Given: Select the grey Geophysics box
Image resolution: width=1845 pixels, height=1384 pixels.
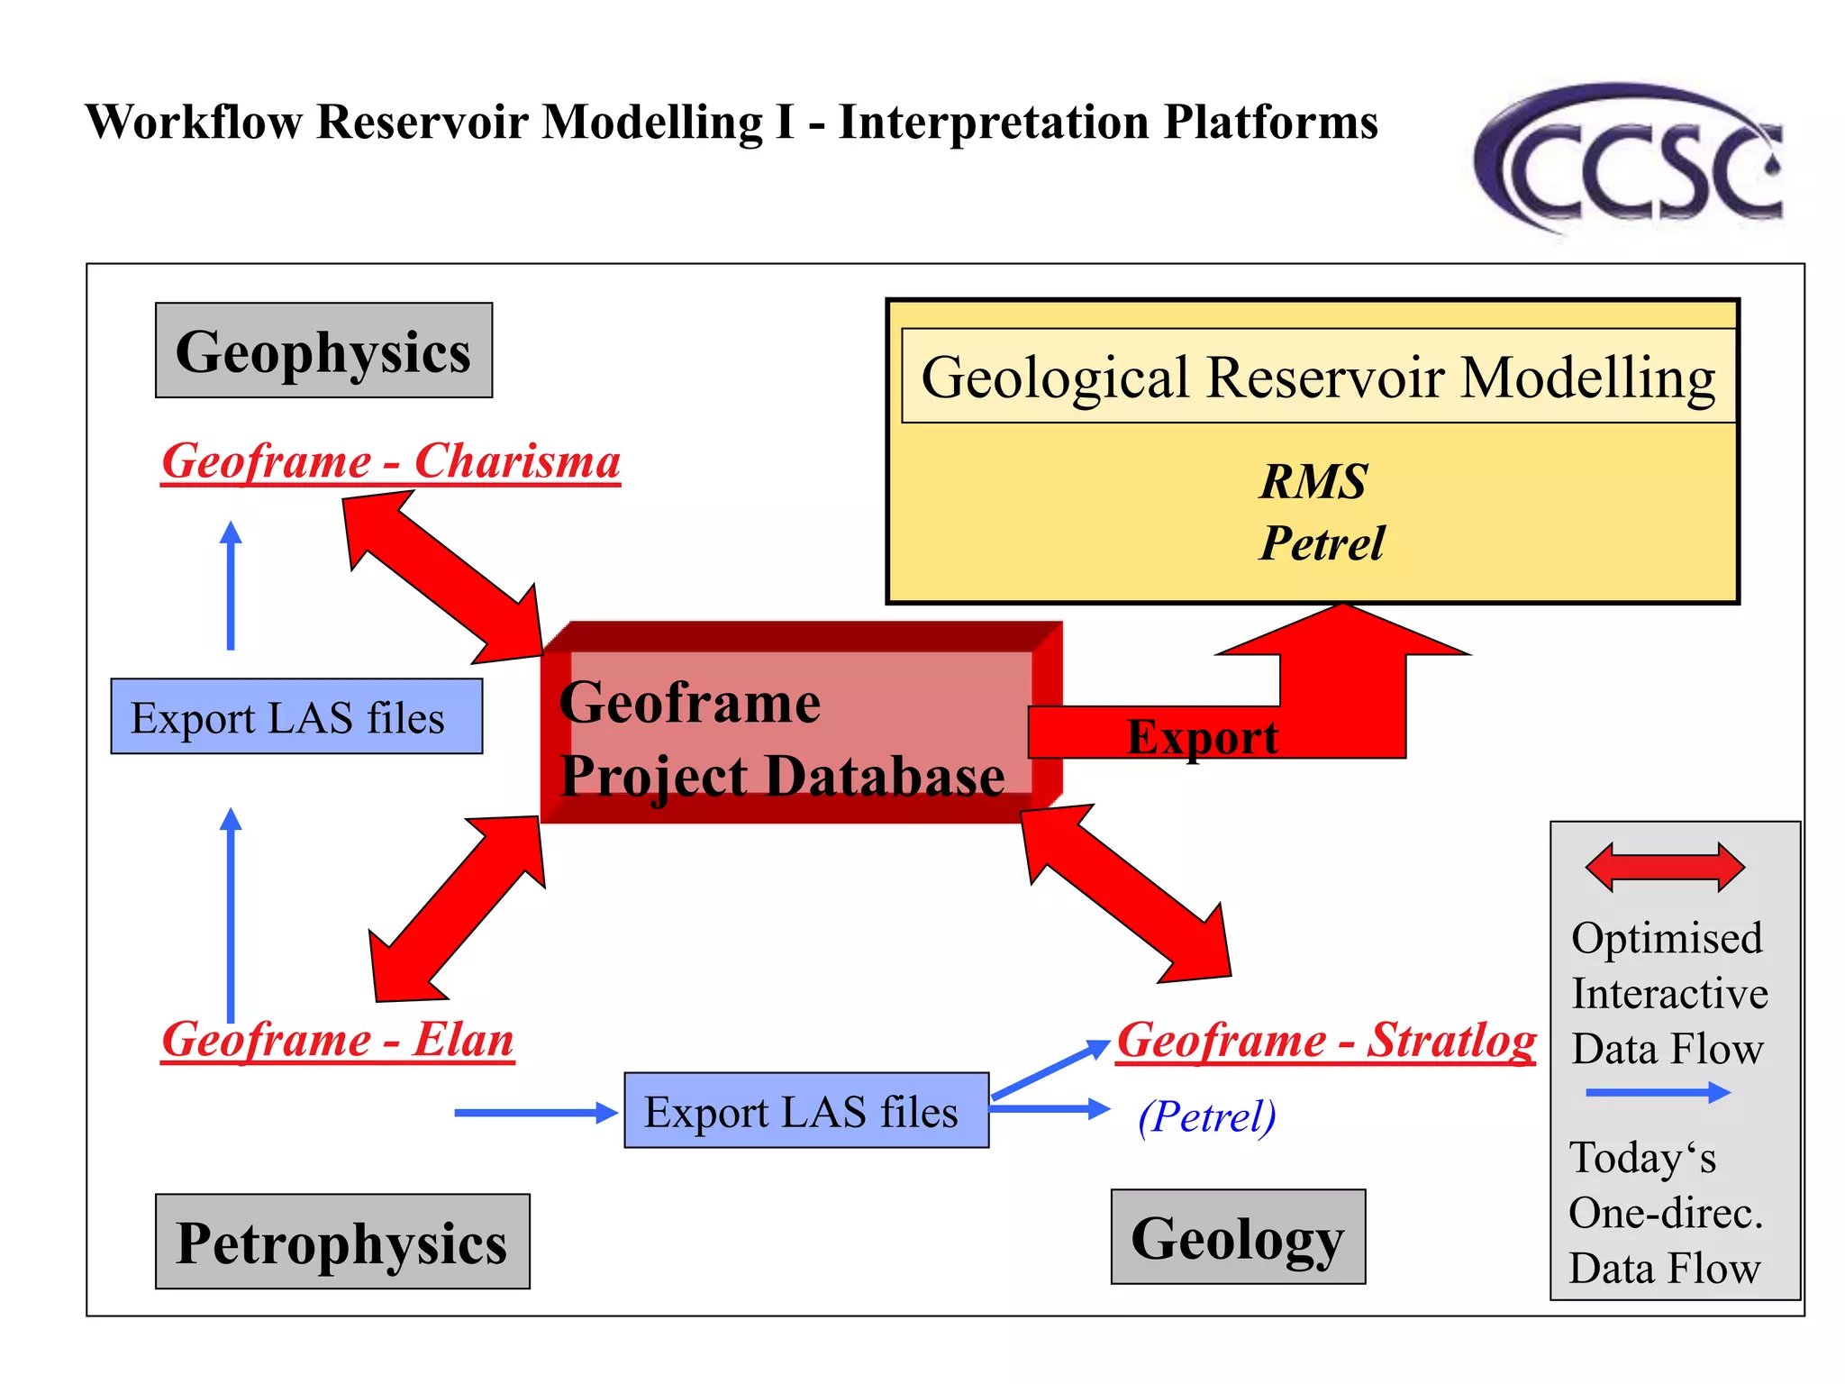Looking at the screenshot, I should click(x=323, y=351).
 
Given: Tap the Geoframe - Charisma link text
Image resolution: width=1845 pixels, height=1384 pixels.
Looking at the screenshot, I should click(x=391, y=461).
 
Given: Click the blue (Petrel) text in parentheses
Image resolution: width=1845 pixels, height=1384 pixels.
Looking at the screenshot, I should click(x=1207, y=1116).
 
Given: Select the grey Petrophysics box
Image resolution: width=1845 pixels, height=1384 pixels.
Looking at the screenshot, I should click(x=342, y=1242).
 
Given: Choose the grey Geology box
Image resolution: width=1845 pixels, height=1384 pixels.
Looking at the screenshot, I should click(x=1238, y=1237).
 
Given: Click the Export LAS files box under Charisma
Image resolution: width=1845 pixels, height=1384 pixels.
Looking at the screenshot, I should click(x=296, y=717).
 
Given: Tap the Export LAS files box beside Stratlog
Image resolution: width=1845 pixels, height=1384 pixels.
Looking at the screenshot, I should click(x=806, y=1110).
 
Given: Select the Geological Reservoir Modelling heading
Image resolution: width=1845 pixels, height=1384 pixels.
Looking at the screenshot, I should click(x=1318, y=377).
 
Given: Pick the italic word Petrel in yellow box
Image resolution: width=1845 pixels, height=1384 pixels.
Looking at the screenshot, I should click(x=1322, y=542).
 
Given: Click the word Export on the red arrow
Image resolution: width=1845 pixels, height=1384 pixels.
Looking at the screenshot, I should click(x=1202, y=737).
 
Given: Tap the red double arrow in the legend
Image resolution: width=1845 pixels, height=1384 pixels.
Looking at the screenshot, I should click(x=1665, y=867).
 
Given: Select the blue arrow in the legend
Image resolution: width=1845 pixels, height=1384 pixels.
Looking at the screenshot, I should click(x=1658, y=1093).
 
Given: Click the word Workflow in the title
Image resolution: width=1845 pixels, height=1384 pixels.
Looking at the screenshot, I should click(x=194, y=122).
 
